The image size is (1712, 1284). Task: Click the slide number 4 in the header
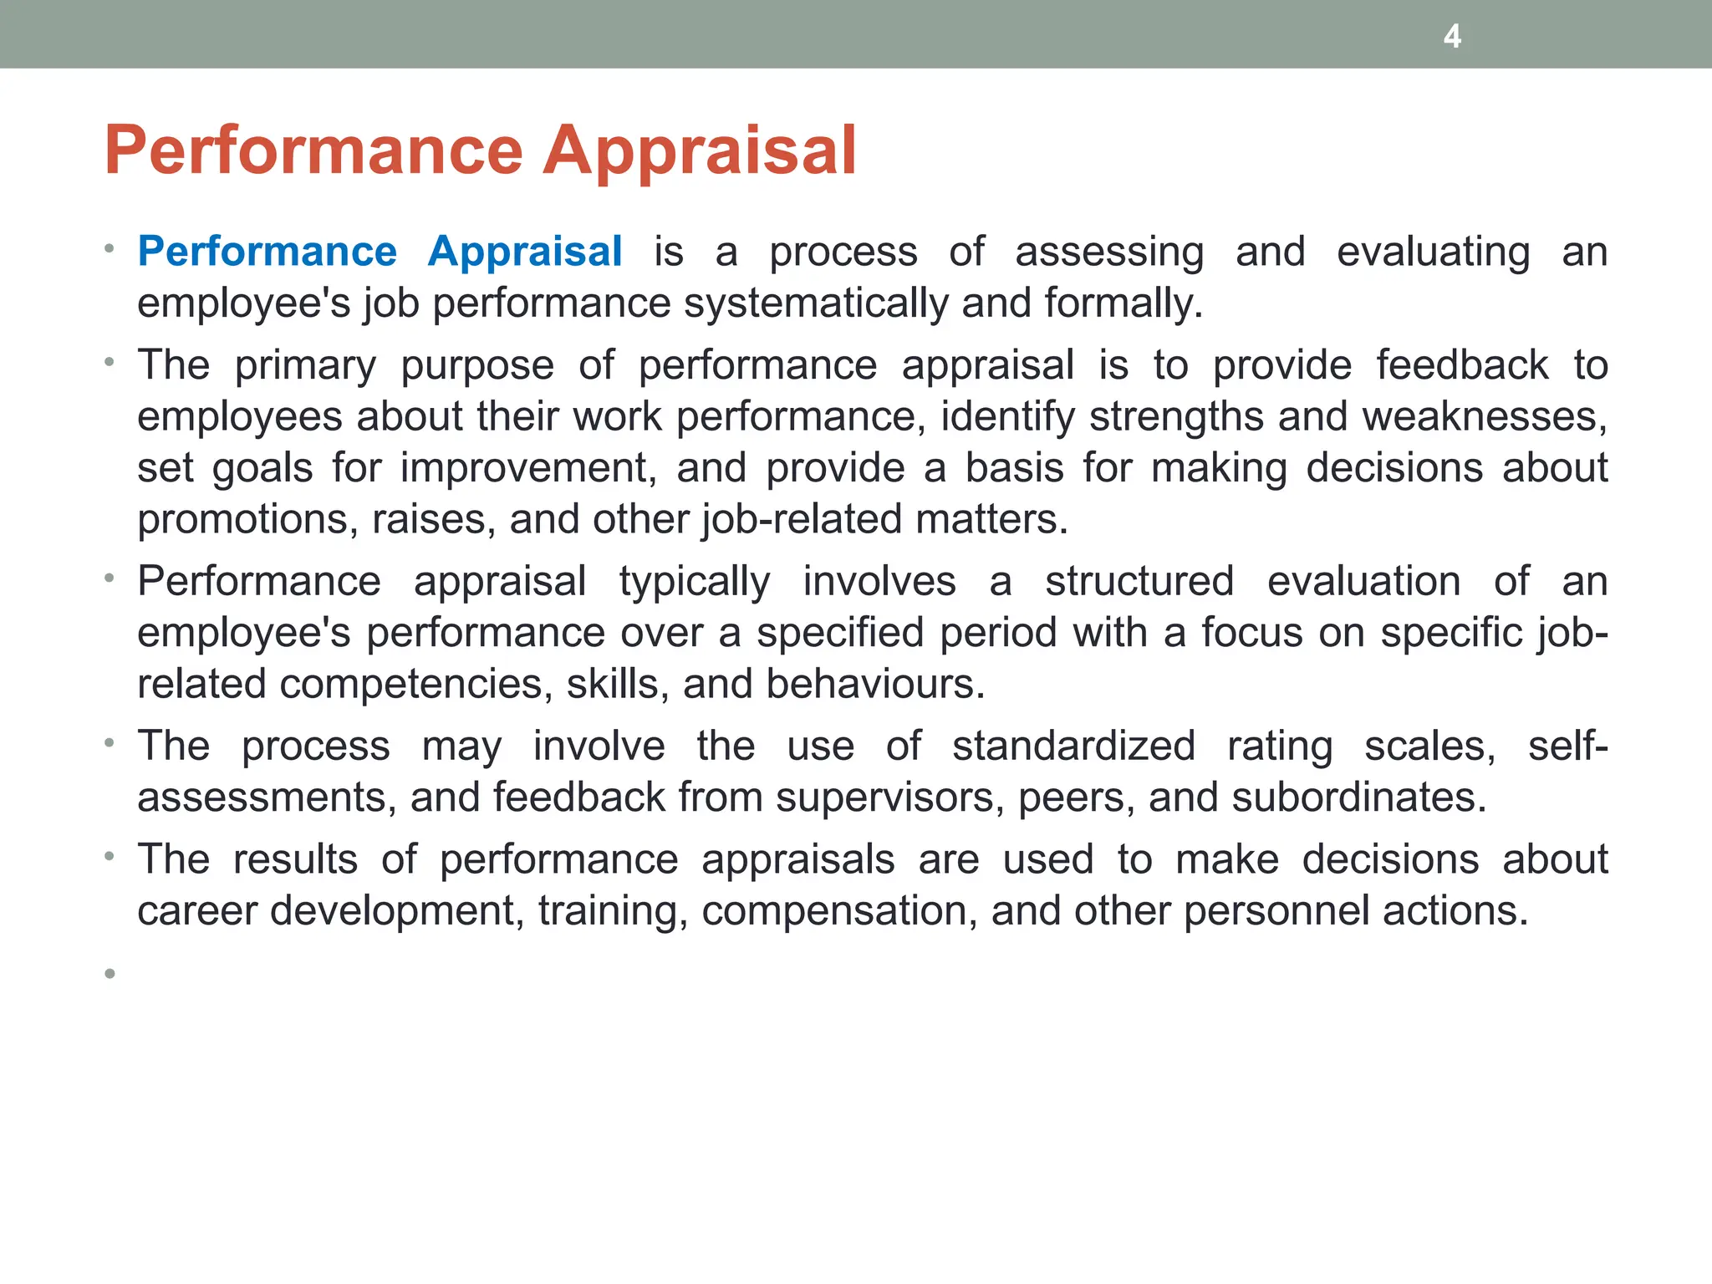[x=1452, y=37]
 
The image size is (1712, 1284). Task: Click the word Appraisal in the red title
[x=700, y=150]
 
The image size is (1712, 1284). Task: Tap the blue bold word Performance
[x=267, y=251]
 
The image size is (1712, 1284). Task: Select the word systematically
[x=816, y=303]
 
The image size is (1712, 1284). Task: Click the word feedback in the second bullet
[x=1462, y=365]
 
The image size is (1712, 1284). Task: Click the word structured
[x=1139, y=581]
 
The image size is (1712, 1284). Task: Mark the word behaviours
[x=875, y=684]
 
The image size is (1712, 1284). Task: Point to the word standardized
[x=1073, y=746]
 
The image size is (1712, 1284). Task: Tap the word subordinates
[x=1359, y=797]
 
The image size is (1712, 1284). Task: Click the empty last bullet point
[x=110, y=973]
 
